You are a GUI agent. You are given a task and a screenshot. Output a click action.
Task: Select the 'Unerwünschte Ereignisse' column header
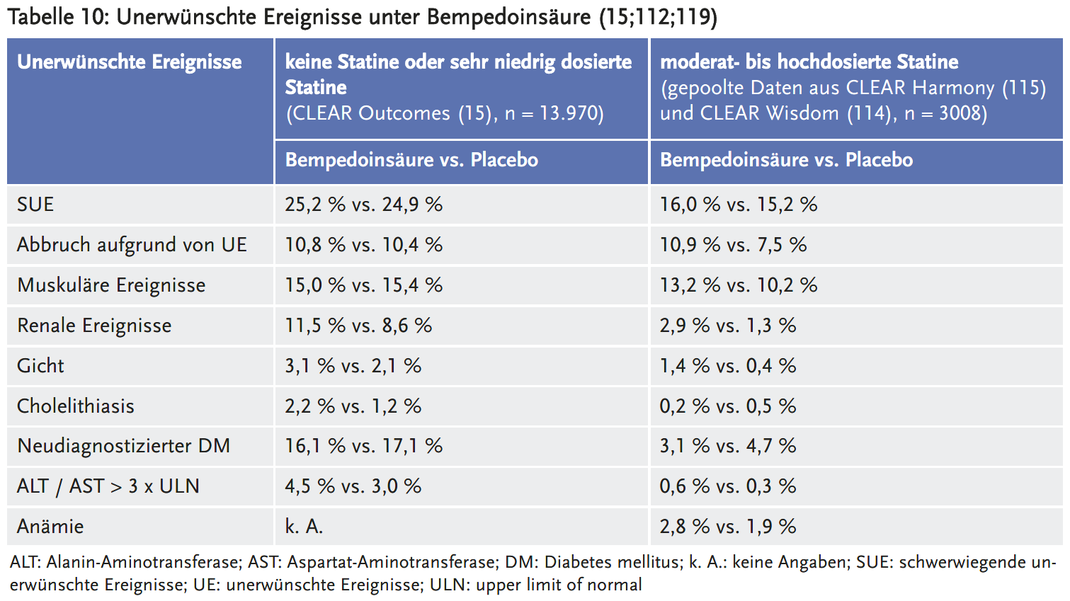click(130, 62)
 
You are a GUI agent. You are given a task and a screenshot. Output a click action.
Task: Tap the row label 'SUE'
click(35, 205)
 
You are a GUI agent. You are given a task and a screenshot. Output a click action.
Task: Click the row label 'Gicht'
click(40, 366)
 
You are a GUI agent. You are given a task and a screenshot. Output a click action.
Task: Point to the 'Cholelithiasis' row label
click(76, 406)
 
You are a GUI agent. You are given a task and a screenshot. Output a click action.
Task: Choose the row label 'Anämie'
click(50, 527)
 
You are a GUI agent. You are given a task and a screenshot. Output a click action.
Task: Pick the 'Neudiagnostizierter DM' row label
click(124, 446)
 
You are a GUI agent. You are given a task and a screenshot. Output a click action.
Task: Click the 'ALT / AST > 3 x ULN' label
click(108, 486)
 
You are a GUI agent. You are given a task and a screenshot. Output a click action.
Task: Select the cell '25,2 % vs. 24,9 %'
click(363, 205)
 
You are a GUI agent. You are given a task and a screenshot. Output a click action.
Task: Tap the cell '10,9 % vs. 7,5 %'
click(733, 245)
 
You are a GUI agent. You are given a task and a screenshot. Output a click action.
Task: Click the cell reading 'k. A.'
click(304, 527)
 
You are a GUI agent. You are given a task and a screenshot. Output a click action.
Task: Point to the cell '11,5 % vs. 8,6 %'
click(358, 326)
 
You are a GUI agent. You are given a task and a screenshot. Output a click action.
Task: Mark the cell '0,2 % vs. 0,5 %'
click(728, 406)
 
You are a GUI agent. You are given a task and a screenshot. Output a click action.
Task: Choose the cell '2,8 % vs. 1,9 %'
click(728, 527)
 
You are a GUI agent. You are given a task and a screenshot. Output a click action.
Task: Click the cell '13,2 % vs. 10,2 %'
click(739, 285)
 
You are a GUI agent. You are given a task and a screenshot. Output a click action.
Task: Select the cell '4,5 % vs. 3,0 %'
click(353, 486)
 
